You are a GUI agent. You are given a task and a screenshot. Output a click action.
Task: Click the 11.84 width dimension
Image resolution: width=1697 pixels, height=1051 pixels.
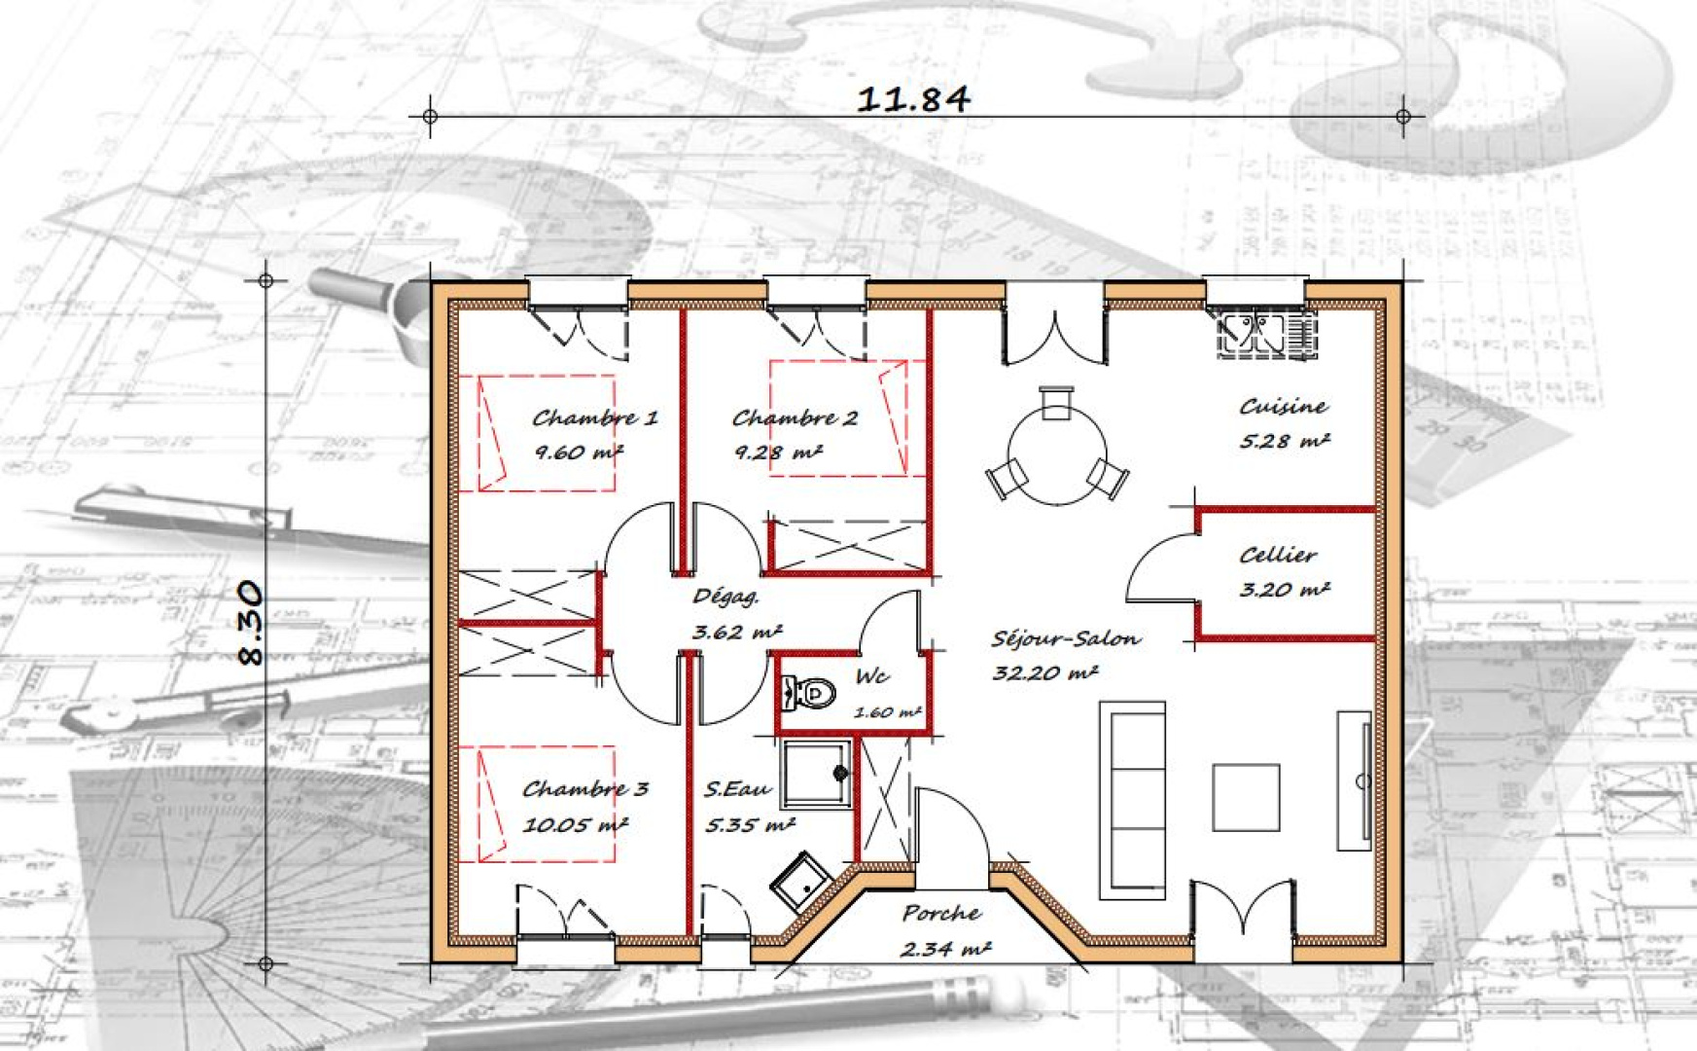point(912,98)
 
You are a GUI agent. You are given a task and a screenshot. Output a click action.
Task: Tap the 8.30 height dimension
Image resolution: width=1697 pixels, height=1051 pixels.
point(250,623)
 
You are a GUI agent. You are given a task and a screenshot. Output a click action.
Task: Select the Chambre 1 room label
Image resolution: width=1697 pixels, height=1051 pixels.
point(594,418)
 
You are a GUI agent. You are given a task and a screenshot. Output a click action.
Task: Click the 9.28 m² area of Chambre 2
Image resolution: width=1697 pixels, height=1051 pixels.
point(778,453)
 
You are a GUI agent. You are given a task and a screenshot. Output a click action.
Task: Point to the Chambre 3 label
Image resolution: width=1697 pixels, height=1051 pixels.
point(584,789)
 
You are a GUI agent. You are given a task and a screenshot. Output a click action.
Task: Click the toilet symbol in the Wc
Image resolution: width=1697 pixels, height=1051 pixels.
point(810,693)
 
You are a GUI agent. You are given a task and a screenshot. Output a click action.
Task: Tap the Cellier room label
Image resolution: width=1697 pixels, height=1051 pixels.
point(1278,556)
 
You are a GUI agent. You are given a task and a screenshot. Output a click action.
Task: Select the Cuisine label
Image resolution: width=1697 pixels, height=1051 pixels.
point(1283,407)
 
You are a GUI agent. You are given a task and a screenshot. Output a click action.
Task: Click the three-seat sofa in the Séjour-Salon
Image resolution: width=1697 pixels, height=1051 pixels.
point(1132,799)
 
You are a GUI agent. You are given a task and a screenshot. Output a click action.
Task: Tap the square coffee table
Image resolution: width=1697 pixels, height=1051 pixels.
point(1245,797)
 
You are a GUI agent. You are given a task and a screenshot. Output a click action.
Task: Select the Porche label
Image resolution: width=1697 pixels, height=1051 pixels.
point(940,914)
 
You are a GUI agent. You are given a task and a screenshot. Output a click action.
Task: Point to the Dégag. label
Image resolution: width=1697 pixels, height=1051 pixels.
point(725,597)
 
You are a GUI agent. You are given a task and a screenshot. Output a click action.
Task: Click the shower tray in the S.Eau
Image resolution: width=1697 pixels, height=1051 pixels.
point(816,775)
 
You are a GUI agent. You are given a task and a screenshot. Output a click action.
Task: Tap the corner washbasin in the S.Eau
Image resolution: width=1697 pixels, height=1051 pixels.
point(799,882)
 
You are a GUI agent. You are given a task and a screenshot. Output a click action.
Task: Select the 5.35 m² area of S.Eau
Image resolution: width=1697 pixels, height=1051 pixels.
point(749,825)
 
